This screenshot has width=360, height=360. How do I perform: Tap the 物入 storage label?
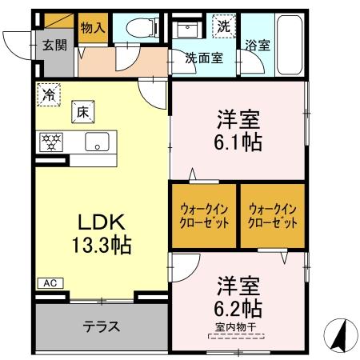click(93, 27)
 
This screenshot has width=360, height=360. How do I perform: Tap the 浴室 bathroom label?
click(257, 45)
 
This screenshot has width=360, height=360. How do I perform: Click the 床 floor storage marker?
click(82, 110)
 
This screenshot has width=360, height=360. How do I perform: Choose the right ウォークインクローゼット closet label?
click(273, 215)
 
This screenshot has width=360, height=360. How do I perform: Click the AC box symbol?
click(48, 282)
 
